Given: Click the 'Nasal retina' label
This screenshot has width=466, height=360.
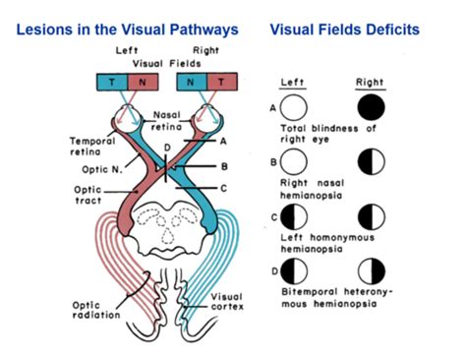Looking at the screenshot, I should point(169,121).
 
